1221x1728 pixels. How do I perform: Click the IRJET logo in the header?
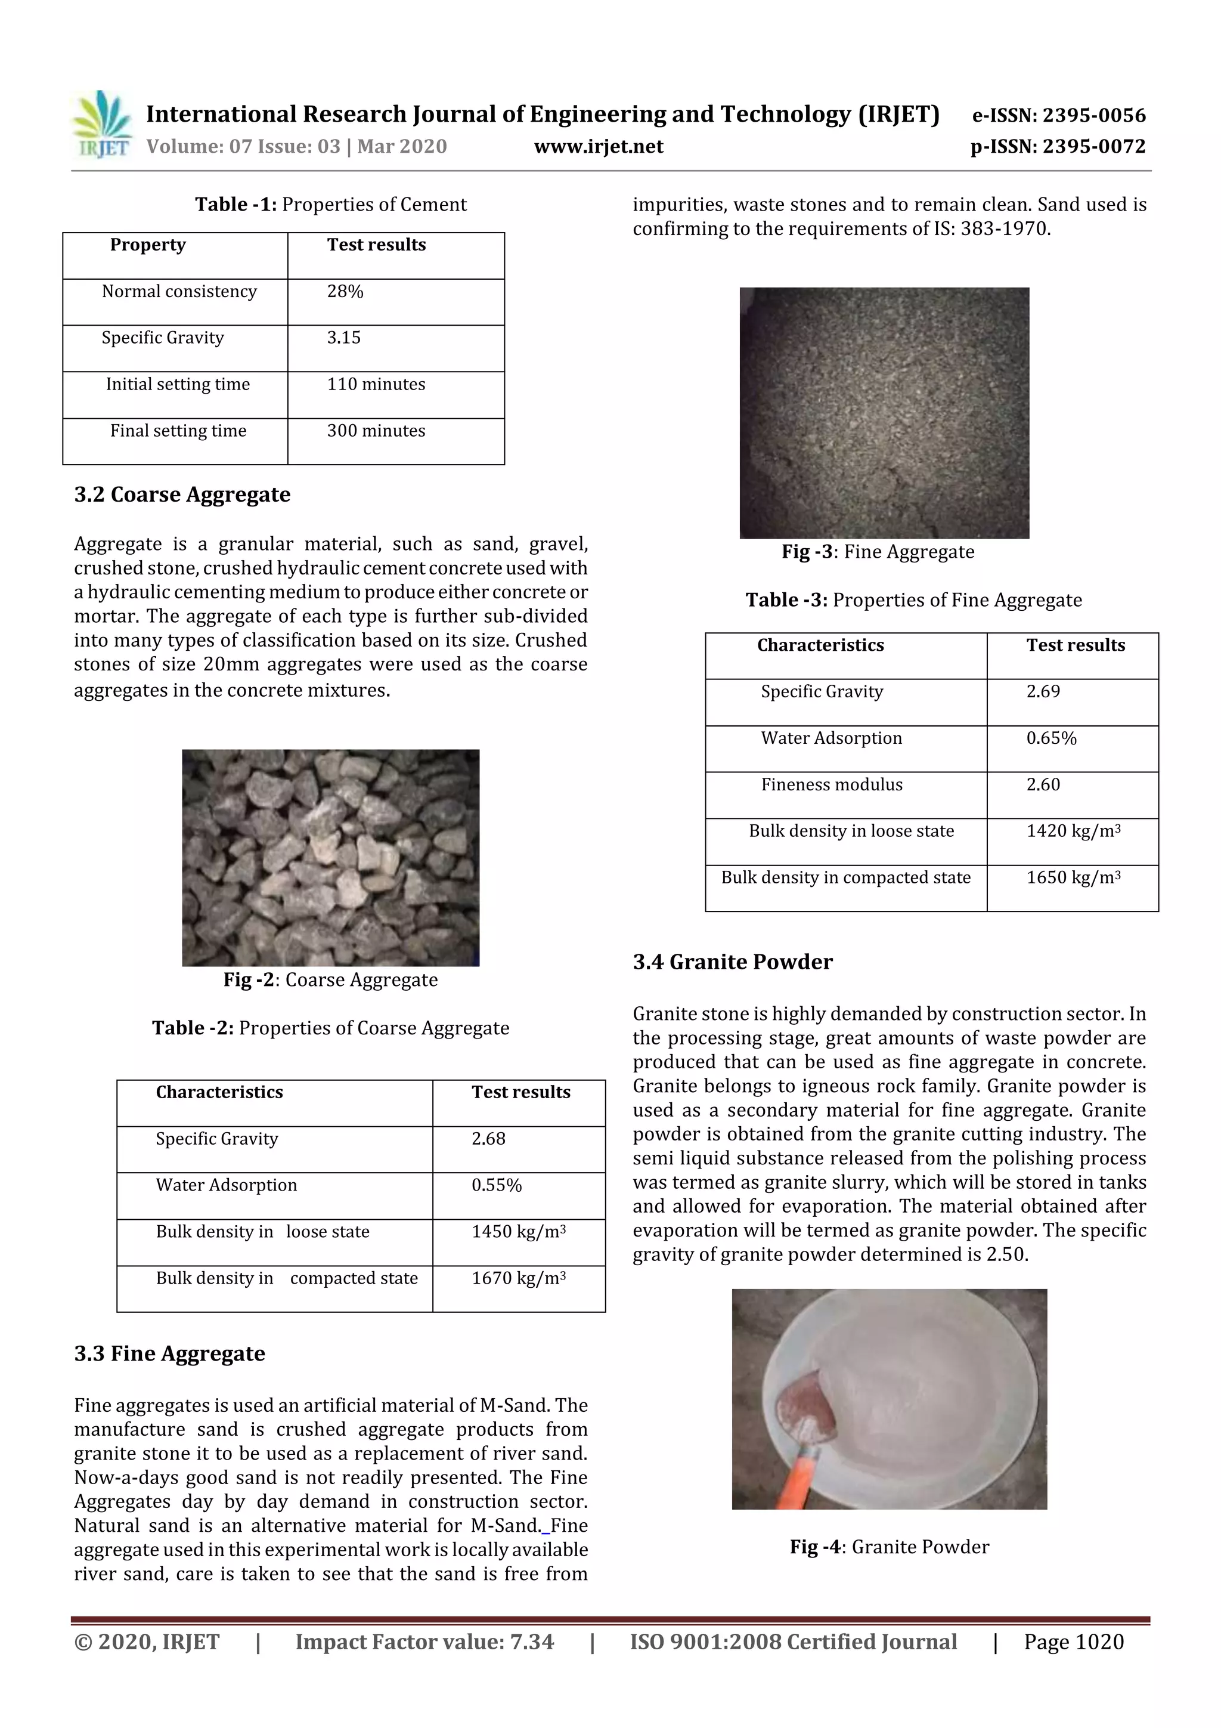click(x=101, y=125)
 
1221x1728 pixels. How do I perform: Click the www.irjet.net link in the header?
click(x=598, y=147)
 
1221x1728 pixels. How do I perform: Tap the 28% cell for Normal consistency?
click(x=345, y=292)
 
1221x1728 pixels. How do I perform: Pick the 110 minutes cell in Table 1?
click(x=376, y=385)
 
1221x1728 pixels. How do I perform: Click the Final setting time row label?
click(x=178, y=431)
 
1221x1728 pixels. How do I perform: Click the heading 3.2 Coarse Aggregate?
click(x=182, y=495)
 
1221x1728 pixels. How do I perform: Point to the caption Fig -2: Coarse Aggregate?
click(x=330, y=980)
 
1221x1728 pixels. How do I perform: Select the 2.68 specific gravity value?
click(x=488, y=1139)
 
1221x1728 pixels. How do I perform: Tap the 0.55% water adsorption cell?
click(x=497, y=1185)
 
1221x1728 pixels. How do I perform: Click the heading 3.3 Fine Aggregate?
click(x=169, y=1354)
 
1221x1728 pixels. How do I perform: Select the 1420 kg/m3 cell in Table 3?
click(x=1073, y=831)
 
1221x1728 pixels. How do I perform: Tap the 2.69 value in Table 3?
click(x=1043, y=692)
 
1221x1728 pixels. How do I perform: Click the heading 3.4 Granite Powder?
click(x=732, y=963)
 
